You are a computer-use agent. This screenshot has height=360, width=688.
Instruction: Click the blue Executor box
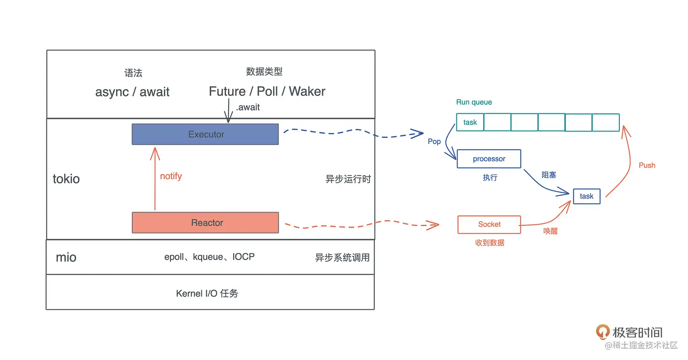pyautogui.click(x=205, y=134)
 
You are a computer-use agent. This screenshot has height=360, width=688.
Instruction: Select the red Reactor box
pyautogui.click(x=205, y=223)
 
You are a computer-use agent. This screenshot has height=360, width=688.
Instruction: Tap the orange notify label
pyautogui.click(x=171, y=176)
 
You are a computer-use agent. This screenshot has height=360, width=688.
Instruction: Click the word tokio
pyautogui.click(x=66, y=179)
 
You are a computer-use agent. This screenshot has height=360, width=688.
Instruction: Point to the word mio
pyautogui.click(x=66, y=257)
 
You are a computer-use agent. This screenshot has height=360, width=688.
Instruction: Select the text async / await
pyautogui.click(x=132, y=92)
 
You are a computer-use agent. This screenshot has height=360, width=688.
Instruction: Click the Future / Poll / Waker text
pyautogui.click(x=267, y=91)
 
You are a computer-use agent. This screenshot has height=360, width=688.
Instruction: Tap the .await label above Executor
pyautogui.click(x=248, y=107)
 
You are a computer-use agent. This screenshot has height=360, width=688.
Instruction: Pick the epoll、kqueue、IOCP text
pyautogui.click(x=209, y=257)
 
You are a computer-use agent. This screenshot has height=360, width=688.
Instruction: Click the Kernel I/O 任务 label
pyautogui.click(x=207, y=294)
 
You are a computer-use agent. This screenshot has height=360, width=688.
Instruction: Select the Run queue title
pyautogui.click(x=474, y=102)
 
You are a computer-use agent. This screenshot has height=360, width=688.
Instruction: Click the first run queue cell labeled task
pyautogui.click(x=470, y=122)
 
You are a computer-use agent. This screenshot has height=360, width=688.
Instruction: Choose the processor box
pyautogui.click(x=489, y=159)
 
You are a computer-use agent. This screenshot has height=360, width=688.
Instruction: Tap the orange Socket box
pyautogui.click(x=489, y=224)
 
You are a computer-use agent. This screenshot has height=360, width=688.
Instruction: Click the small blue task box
pyautogui.click(x=587, y=196)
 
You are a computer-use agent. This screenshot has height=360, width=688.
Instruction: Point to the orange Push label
pyautogui.click(x=647, y=165)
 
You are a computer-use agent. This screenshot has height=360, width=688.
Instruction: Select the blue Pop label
pyautogui.click(x=434, y=142)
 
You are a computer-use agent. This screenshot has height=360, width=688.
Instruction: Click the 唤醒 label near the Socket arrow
pyautogui.click(x=550, y=231)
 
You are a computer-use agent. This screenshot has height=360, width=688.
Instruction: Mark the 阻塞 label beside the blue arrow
pyautogui.click(x=548, y=175)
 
